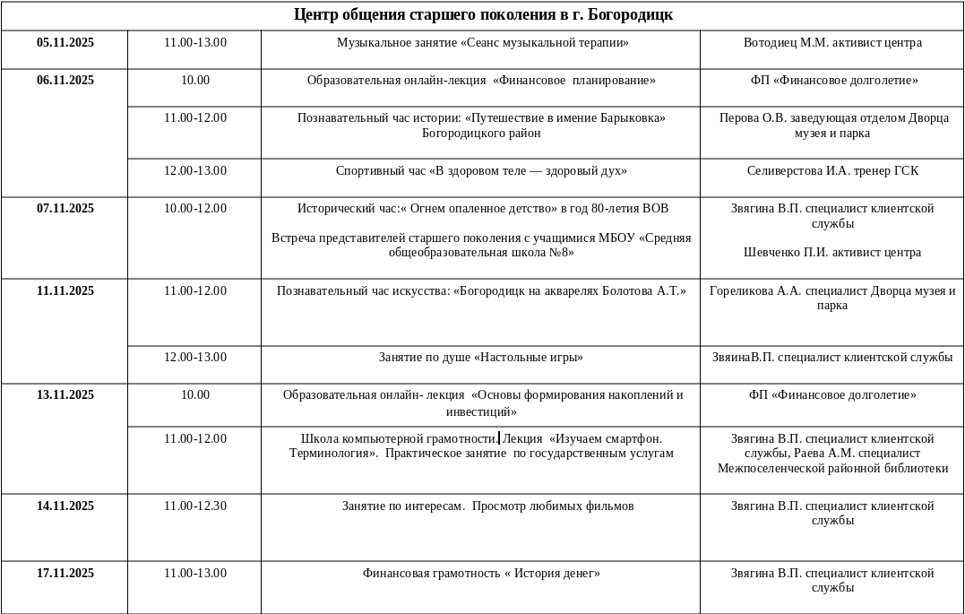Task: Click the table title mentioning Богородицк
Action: point(483,15)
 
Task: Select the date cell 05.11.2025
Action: point(65,43)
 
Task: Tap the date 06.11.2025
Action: point(65,81)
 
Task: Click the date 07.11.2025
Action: point(65,209)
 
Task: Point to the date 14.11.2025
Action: point(65,506)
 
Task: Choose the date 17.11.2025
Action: point(65,574)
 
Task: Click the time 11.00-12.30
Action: point(195,506)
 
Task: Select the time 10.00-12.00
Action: point(195,209)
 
